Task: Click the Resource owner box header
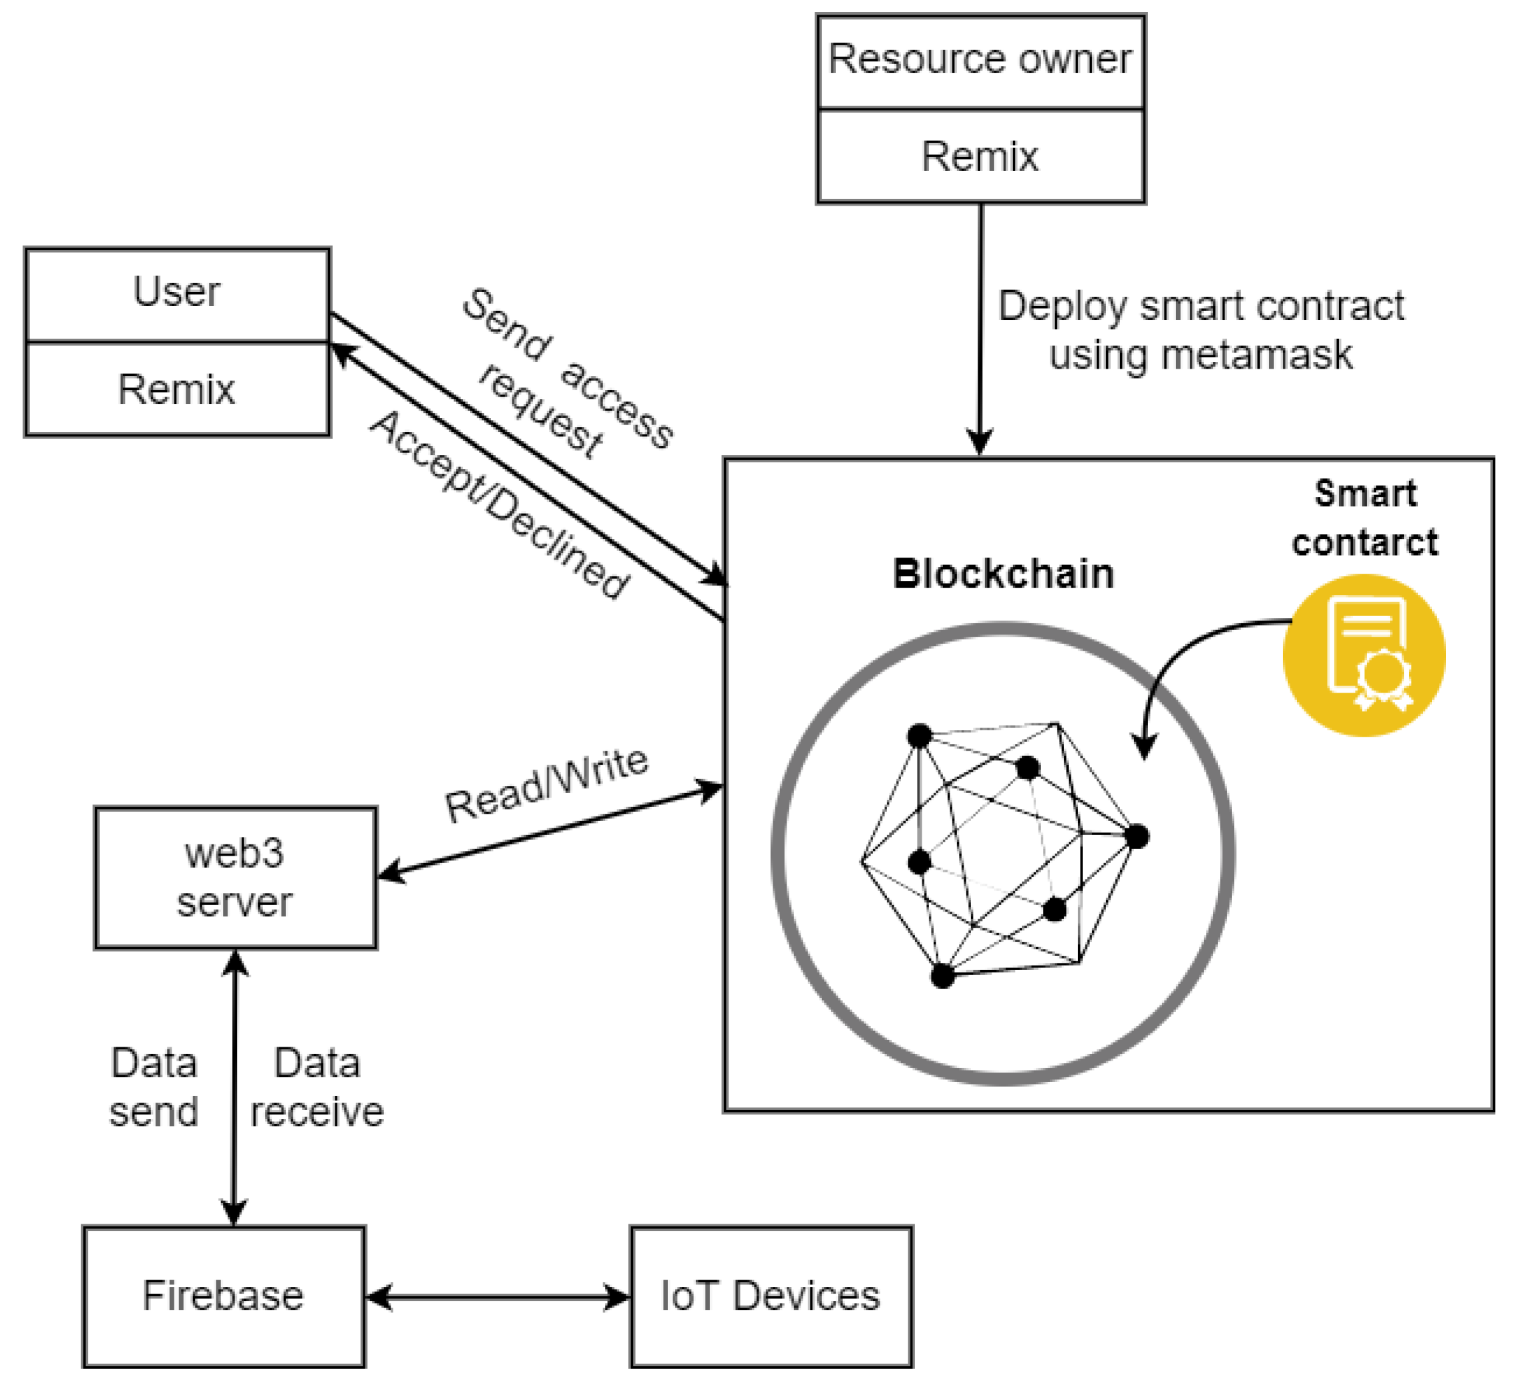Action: [980, 61]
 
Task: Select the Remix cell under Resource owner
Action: [980, 156]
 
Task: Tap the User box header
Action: [177, 292]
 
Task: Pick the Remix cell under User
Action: [177, 389]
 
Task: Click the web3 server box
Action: [235, 878]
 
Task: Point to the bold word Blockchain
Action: [1003, 574]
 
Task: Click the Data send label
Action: [154, 1087]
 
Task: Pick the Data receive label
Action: [317, 1087]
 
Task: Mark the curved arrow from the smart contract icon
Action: [1182, 655]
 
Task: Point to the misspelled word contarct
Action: [1364, 543]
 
